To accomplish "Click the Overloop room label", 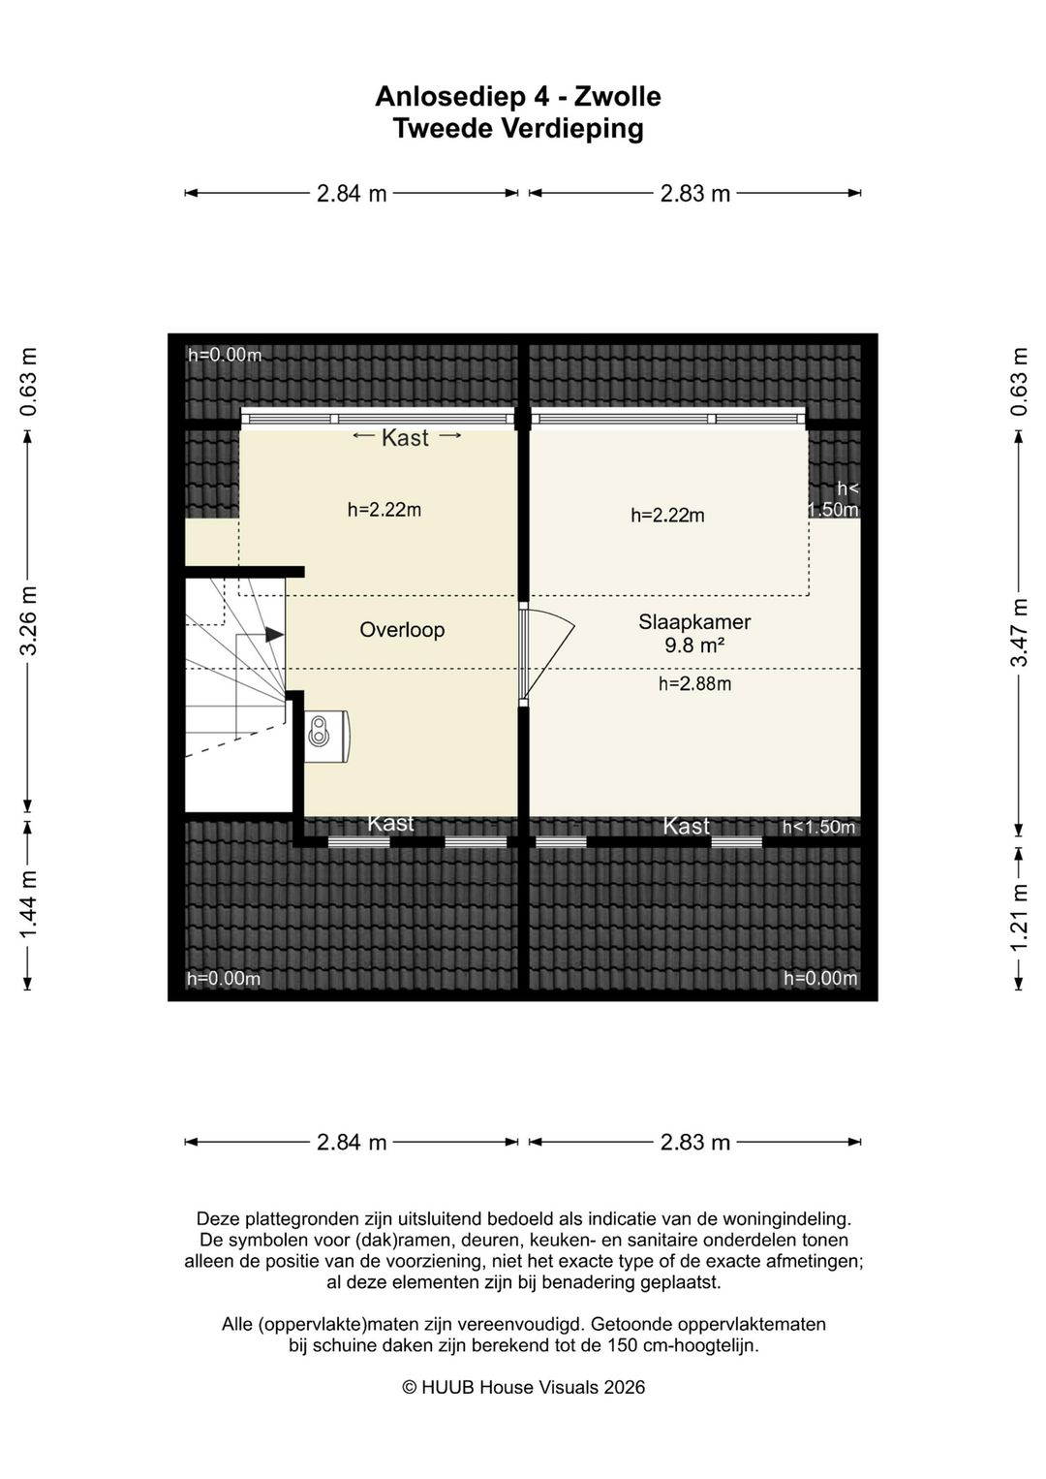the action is (x=402, y=630).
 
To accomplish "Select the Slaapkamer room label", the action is (x=694, y=622).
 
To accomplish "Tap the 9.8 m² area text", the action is (x=694, y=645).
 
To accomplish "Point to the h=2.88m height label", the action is (x=694, y=684).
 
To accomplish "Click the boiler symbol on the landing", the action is (x=326, y=737).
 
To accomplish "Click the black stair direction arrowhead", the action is (x=274, y=635).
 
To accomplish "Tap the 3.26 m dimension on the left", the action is (x=28, y=619).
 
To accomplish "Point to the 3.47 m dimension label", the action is (x=1019, y=632).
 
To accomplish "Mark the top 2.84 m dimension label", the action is (x=351, y=194).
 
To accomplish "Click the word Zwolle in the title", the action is (x=617, y=97).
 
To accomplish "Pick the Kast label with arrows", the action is (x=405, y=437).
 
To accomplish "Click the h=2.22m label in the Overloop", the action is (x=385, y=510).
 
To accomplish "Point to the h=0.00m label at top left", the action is (x=225, y=356).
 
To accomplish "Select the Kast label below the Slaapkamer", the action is (x=687, y=826).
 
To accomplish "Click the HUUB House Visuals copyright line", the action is (x=523, y=1387).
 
